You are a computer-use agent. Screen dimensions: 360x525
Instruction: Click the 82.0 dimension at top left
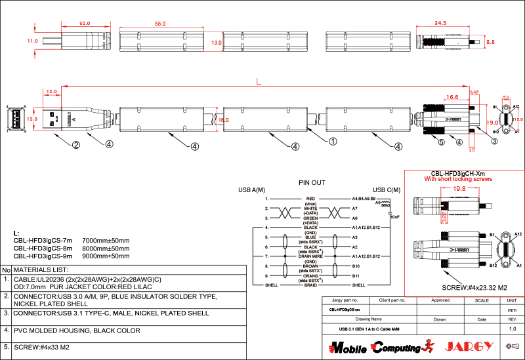[x=84, y=24]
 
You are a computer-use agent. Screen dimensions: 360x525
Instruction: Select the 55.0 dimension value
[x=160, y=24]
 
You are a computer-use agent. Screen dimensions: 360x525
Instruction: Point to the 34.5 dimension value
[x=440, y=24]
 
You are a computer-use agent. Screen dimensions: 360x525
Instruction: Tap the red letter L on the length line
[x=259, y=81]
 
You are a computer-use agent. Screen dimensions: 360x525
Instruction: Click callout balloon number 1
[x=333, y=141]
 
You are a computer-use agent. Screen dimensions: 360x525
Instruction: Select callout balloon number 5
[x=441, y=142]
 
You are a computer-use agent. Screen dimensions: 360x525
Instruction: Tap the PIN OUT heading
[x=312, y=182]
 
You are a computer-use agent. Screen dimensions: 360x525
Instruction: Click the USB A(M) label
[x=251, y=190]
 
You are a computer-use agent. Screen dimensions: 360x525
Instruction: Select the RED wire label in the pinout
[x=311, y=198]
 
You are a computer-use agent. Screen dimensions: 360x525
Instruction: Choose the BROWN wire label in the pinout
[x=311, y=266]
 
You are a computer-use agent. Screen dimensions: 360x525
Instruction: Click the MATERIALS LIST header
[x=41, y=270]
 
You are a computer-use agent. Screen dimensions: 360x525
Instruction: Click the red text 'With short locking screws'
[x=458, y=179]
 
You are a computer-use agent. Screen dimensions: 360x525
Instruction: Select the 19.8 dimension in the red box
[x=459, y=188]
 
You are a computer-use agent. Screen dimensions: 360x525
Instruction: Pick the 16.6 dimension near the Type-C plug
[x=452, y=97]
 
